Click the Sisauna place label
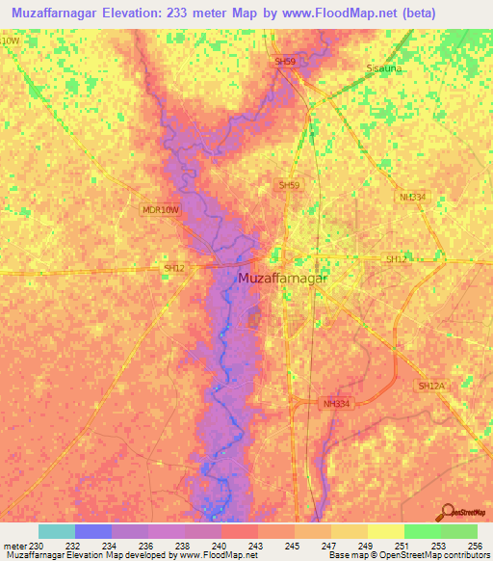[384, 69]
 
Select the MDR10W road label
[160, 209]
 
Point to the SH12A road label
[431, 386]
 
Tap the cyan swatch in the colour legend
[56, 531]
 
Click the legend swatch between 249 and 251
[385, 531]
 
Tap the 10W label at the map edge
[10, 40]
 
